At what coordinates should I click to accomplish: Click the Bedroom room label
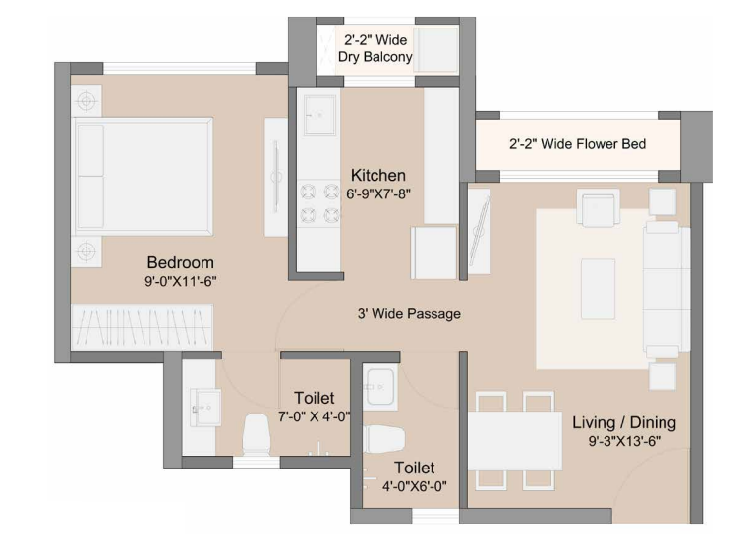coord(180,262)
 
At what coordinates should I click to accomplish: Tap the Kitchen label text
coord(377,176)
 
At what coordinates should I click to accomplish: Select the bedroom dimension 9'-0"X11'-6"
coord(181,281)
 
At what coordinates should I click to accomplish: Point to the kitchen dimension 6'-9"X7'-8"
coord(378,193)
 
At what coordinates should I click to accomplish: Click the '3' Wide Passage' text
coord(409,314)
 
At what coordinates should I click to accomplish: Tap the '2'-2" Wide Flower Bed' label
coord(577,143)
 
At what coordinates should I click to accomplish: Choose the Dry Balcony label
coord(375,57)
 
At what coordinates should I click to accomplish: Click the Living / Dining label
coord(624,422)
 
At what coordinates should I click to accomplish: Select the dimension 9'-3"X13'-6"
coord(624,441)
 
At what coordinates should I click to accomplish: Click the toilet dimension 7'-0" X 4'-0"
coord(314,416)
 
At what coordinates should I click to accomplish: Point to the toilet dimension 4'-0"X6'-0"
coord(414,486)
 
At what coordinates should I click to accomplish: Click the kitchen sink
coord(320,115)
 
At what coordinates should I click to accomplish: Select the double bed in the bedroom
coord(143,177)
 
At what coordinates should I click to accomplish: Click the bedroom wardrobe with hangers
coord(142,327)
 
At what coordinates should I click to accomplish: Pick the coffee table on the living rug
coord(598,289)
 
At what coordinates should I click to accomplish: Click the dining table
coord(515,441)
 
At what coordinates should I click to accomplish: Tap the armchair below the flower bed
coord(598,207)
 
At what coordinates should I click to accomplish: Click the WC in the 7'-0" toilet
coord(256,433)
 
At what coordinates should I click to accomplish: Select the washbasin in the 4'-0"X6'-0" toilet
coord(379,387)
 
